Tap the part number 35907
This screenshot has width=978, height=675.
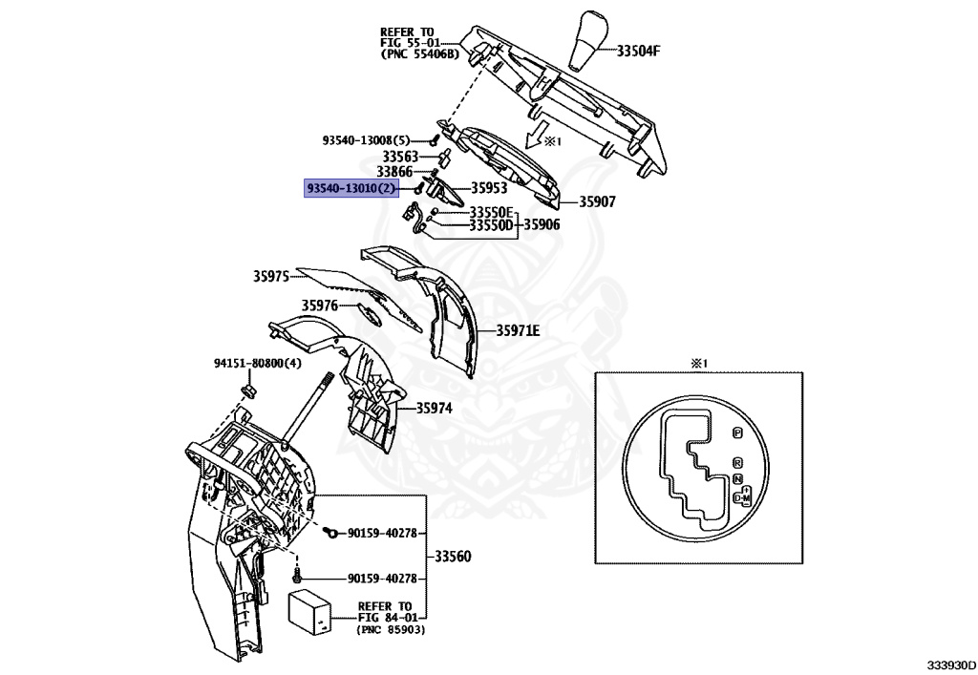(599, 202)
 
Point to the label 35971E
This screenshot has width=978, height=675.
(518, 331)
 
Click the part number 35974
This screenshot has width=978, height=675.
(434, 408)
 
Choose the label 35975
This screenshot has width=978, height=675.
(270, 276)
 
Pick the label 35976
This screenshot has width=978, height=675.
(320, 306)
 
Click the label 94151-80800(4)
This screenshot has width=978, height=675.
(257, 363)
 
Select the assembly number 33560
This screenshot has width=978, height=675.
(455, 557)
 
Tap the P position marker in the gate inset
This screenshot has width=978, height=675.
(736, 433)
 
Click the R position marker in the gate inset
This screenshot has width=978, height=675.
(736, 462)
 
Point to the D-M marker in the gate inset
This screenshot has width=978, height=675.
(742, 498)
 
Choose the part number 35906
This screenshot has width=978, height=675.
(539, 225)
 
